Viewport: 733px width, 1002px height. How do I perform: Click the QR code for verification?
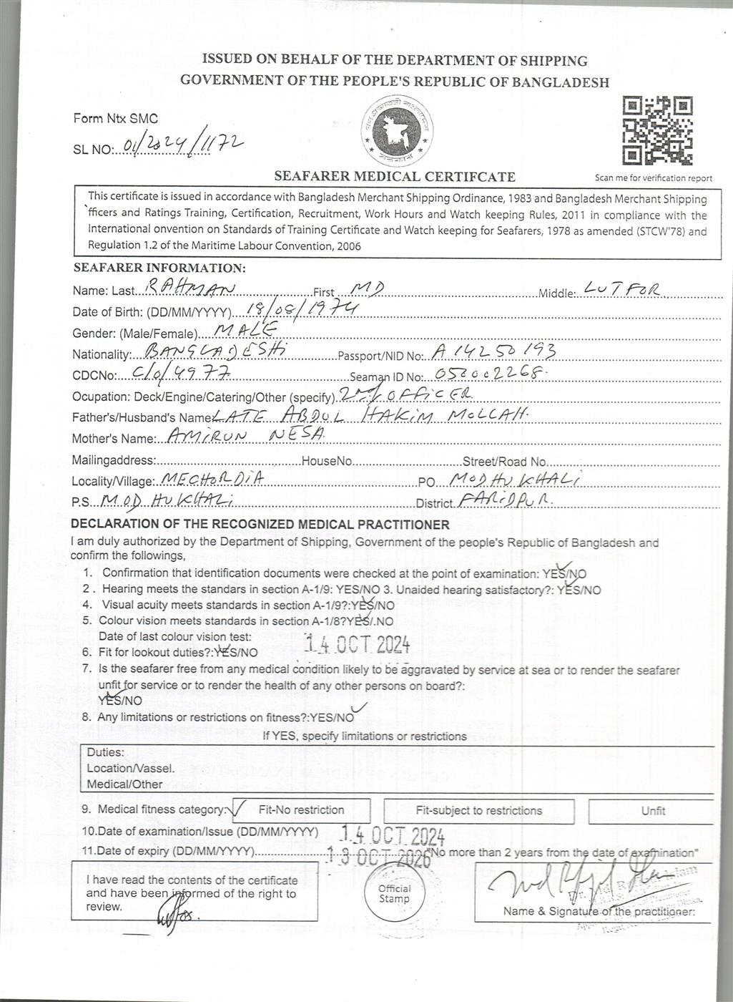click(x=657, y=132)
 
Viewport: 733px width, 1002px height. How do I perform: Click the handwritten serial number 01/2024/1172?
click(x=183, y=145)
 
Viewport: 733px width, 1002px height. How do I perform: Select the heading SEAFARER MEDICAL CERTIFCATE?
click(x=394, y=177)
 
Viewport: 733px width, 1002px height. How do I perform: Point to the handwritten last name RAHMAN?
click(x=181, y=288)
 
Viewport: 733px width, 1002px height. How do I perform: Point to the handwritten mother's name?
click(x=245, y=436)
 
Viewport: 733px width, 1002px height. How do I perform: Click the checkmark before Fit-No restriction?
click(x=240, y=809)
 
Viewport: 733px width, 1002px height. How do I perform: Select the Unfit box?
click(x=652, y=811)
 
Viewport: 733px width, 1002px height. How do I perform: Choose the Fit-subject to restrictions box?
click(x=478, y=811)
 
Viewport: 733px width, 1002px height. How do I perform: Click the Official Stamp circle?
click(x=394, y=893)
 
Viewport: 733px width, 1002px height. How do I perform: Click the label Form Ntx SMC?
click(x=115, y=119)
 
